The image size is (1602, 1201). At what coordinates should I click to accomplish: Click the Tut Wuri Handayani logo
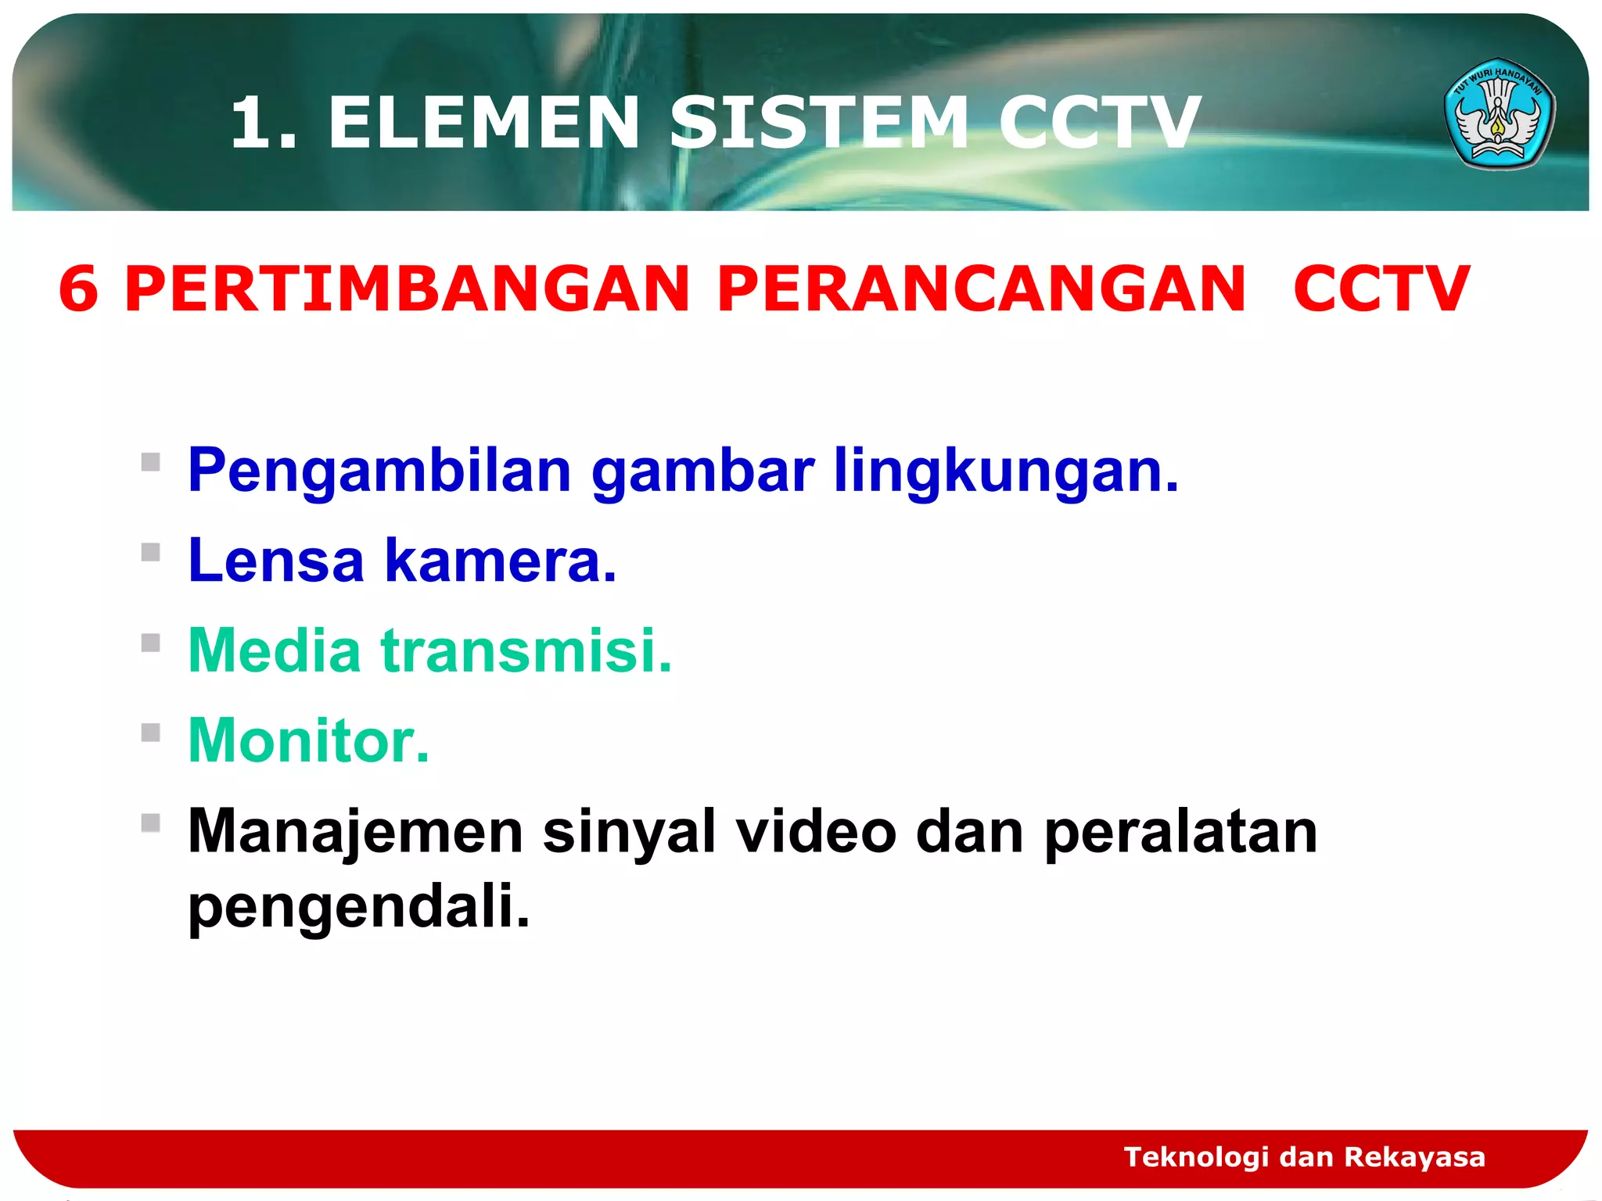[1499, 114]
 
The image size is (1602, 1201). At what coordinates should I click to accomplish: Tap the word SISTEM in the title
[819, 123]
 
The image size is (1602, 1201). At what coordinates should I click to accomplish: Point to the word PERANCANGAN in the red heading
[981, 289]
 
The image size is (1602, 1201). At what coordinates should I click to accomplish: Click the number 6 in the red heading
[78, 289]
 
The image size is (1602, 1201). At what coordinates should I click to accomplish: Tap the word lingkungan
[1006, 471]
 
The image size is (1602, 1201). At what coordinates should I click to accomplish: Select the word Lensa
[276, 561]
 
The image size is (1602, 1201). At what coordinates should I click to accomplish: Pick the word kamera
[501, 561]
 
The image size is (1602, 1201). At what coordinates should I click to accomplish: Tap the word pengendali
[359, 906]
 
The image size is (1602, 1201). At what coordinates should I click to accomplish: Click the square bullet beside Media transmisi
[151, 643]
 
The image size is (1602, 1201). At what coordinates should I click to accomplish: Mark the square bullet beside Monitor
[151, 733]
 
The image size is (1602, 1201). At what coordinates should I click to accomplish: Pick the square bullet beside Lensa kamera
[151, 553]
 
